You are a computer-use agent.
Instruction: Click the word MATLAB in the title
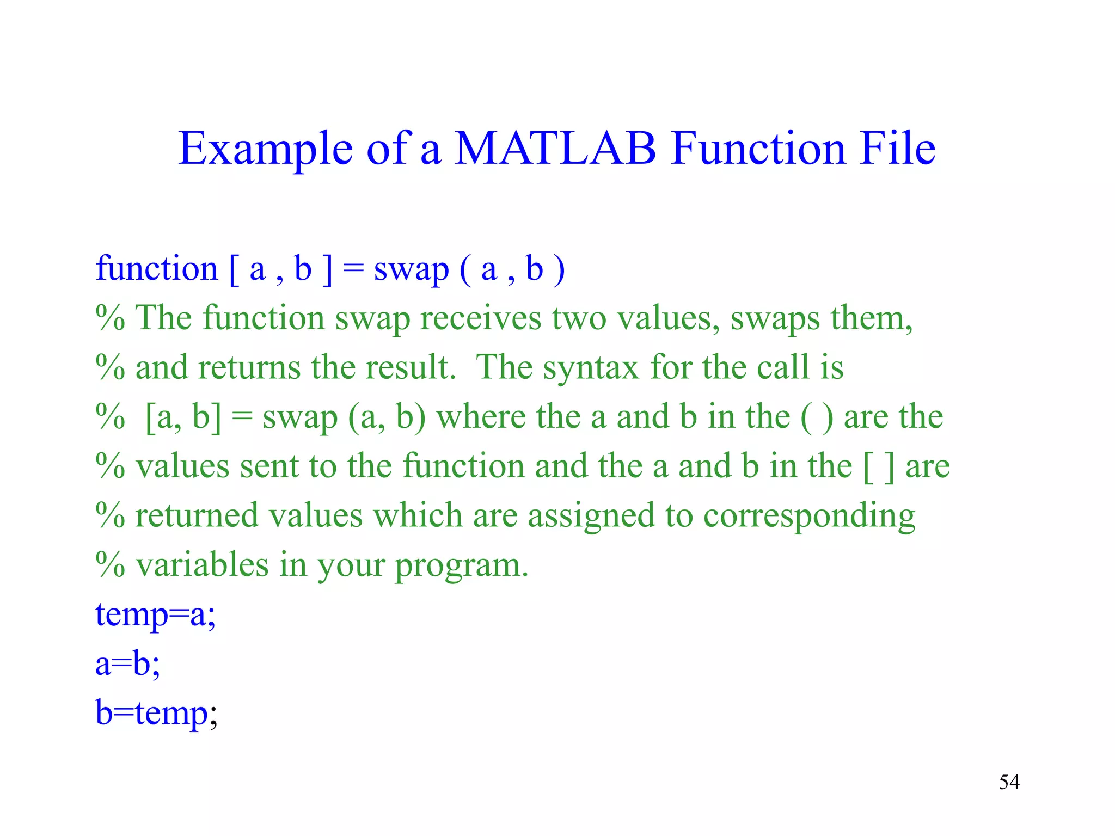[x=555, y=148]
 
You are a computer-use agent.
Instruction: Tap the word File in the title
[x=898, y=148]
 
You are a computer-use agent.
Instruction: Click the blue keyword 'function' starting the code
[x=157, y=268]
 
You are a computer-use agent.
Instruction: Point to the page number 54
[x=1009, y=782]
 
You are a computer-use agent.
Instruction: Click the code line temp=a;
[x=156, y=615]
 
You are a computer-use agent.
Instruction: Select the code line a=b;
[x=128, y=664]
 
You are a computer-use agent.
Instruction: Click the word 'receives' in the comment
[x=481, y=318]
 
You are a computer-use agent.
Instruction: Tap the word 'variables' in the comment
[x=202, y=565]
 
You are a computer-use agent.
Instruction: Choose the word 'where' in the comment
[x=481, y=417]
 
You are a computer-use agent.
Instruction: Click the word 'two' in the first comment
[x=579, y=318]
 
